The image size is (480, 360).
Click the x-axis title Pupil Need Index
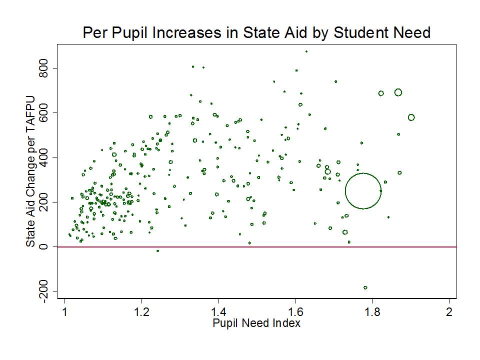(256, 323)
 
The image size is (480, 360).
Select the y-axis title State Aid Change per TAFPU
(31, 170)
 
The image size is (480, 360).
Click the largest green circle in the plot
(363, 191)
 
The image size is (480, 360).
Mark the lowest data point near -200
(365, 287)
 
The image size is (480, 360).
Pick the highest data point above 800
(306, 51)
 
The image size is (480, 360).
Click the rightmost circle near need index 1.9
(411, 117)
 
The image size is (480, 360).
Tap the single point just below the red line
(158, 250)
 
